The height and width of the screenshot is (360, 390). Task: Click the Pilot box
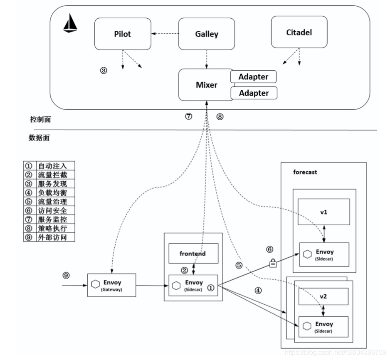point(122,34)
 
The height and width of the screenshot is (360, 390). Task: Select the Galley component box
point(207,34)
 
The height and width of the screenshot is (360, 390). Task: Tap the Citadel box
point(299,32)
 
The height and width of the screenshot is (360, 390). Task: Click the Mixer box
point(206,85)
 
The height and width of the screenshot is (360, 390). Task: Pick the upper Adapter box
point(253,76)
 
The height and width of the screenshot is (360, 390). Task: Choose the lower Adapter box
point(253,93)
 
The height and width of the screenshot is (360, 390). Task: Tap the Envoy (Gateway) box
point(111,285)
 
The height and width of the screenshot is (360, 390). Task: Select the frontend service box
point(193,253)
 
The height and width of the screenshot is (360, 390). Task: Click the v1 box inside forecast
point(323,212)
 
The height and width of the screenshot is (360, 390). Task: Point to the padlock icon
point(273,263)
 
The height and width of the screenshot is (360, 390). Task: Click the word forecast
point(305,172)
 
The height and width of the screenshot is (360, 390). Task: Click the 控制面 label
point(40,119)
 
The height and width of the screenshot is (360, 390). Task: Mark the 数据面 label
point(39,138)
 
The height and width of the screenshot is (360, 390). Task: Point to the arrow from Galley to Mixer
point(207,59)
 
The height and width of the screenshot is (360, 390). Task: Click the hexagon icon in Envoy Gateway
point(95,285)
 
